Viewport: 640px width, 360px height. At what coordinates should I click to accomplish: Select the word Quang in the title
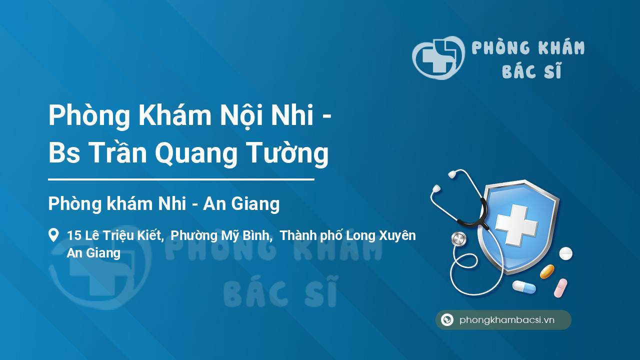coord(196,154)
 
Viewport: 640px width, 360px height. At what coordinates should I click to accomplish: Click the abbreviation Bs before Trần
coord(64,153)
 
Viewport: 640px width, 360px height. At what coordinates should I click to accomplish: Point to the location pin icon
coord(53,235)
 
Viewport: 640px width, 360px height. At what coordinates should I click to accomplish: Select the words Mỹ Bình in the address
coord(245,235)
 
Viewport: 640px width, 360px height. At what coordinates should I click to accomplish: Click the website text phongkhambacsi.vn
coord(507,320)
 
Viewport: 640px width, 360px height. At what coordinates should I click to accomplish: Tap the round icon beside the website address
coord(447,319)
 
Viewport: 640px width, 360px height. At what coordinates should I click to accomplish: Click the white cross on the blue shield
coord(516,225)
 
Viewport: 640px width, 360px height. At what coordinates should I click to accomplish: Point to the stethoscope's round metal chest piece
coord(458,239)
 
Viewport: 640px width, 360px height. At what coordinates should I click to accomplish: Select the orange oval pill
coord(547,271)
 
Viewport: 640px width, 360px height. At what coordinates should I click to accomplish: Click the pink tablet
coord(560,287)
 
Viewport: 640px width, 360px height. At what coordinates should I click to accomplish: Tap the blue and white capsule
coord(523,287)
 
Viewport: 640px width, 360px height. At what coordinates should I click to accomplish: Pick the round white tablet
coord(565,253)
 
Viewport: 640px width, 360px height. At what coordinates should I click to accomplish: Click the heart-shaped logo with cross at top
coord(438,57)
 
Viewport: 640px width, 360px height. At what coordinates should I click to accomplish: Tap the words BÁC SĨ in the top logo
coord(532,70)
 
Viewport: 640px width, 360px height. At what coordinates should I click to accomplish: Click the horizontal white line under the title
coord(181,179)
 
